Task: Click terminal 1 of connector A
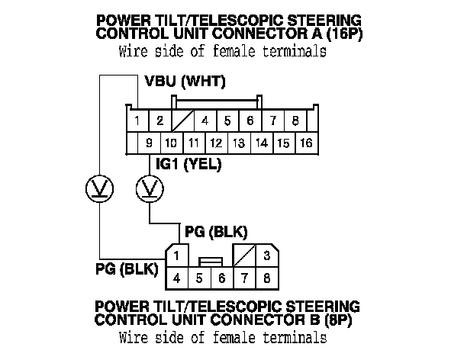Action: (137, 121)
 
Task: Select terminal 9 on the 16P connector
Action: (149, 143)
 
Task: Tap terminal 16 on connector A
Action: (307, 143)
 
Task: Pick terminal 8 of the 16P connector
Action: (295, 121)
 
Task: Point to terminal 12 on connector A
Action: (217, 143)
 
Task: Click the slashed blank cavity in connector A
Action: (183, 121)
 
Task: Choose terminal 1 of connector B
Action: (176, 256)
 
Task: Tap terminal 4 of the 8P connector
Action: (176, 278)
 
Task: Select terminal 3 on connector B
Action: (267, 256)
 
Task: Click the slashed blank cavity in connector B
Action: (245, 256)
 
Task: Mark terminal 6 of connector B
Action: (222, 278)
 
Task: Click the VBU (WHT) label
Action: (185, 82)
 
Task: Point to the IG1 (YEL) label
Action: (188, 164)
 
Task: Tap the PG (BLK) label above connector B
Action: (216, 232)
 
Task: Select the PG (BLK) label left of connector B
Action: (127, 269)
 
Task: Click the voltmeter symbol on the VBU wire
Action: (99, 188)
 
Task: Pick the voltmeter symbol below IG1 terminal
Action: (150, 188)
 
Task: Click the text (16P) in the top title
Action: (344, 33)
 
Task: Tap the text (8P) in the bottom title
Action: (338, 320)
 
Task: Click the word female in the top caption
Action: (234, 51)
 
